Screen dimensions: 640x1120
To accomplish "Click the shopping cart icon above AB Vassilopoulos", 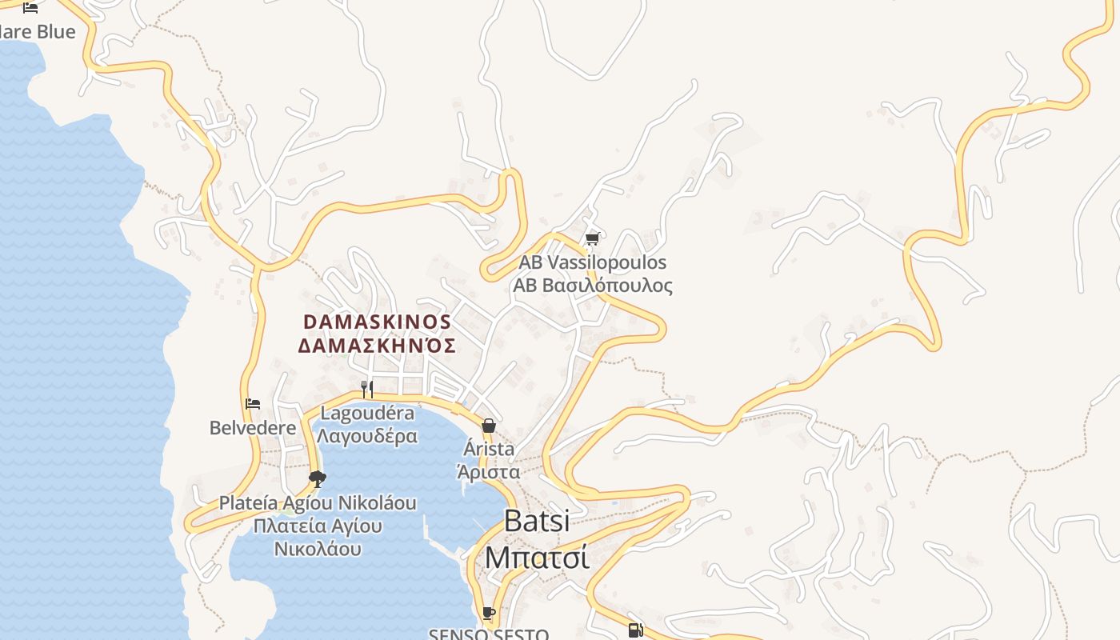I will click(x=592, y=238).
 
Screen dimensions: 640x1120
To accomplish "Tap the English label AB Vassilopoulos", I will click(x=592, y=262).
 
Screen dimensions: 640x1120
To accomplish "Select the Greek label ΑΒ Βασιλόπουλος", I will click(x=592, y=286).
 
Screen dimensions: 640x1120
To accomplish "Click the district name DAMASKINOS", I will click(x=377, y=322).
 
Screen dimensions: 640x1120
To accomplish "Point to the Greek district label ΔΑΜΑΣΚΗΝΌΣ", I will click(x=377, y=346).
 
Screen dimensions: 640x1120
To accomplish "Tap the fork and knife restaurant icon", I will click(x=366, y=389).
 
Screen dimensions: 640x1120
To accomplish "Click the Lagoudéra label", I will click(x=367, y=413).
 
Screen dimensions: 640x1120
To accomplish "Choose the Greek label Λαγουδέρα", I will click(x=367, y=436).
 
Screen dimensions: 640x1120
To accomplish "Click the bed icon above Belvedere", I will click(x=253, y=404).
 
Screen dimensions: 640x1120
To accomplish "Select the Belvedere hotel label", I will click(x=253, y=428).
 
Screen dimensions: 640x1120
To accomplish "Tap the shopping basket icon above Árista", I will click(x=488, y=426).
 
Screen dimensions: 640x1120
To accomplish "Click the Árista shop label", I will click(x=489, y=449).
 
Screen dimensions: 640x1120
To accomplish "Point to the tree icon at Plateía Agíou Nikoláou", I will click(x=318, y=479).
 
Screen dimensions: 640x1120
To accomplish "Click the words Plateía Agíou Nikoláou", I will click(x=318, y=503).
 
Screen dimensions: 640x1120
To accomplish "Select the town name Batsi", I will click(x=537, y=521).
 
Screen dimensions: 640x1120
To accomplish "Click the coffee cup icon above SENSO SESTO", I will click(x=488, y=614).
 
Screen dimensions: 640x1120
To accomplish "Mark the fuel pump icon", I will click(x=635, y=630).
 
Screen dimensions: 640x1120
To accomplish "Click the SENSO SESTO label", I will click(x=488, y=634).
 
